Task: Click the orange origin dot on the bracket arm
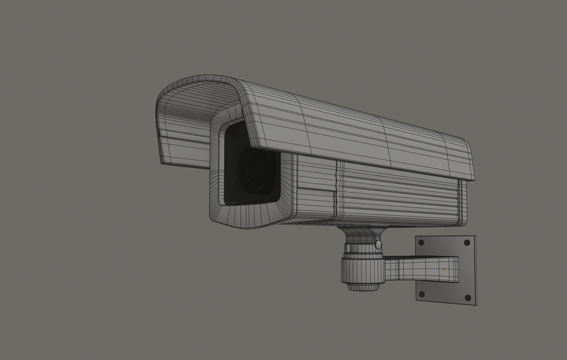pyautogui.click(x=445, y=269)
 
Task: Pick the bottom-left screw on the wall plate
pyautogui.click(x=422, y=294)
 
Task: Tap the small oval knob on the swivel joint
pyautogui.click(x=378, y=245)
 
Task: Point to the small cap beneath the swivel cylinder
pyautogui.click(x=364, y=287)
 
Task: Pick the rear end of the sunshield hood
pyautogui.click(x=467, y=160)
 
